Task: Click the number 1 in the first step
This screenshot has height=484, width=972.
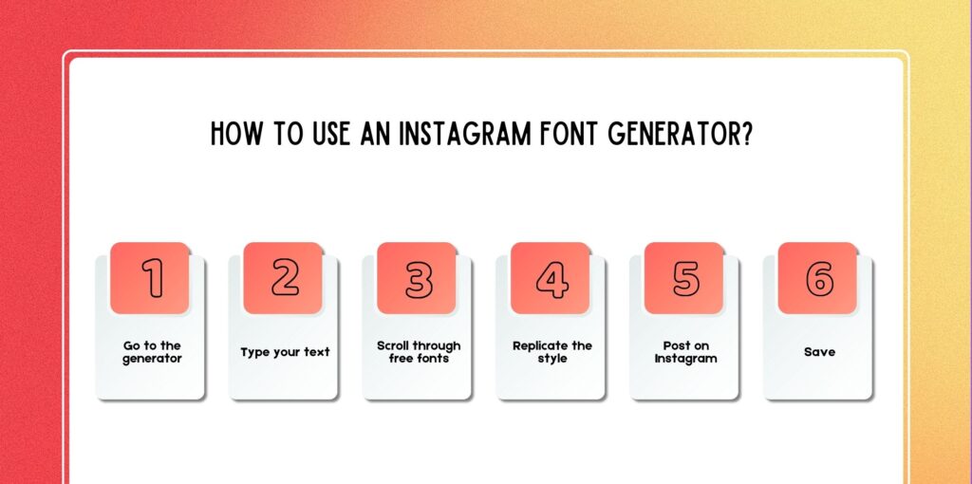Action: [152, 277]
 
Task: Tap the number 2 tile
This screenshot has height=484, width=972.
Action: [285, 277]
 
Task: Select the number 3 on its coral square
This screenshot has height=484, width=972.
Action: [419, 277]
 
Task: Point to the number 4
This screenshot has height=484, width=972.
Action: [551, 277]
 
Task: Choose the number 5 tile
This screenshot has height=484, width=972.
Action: [685, 277]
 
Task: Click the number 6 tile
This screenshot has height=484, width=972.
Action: [819, 277]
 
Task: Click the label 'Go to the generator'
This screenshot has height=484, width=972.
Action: [152, 352]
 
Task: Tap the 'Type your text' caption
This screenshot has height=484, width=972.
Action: [285, 352]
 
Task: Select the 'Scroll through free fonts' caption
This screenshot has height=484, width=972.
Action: [419, 352]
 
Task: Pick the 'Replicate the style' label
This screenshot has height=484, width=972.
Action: [551, 352]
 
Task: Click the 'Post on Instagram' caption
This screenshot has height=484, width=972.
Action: [685, 352]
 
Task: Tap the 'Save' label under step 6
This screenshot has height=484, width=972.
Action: [819, 352]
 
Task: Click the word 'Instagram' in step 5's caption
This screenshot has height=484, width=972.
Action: [685, 359]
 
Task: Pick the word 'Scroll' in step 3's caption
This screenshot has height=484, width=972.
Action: [395, 345]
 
